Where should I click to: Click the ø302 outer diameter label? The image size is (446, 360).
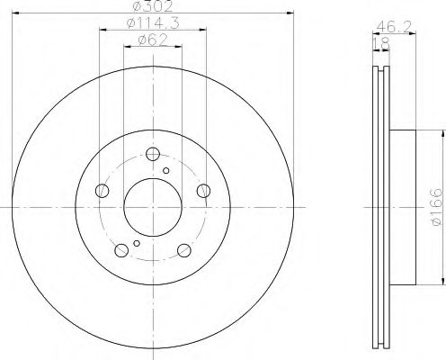point(153,6)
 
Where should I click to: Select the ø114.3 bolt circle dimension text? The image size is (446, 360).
point(153,22)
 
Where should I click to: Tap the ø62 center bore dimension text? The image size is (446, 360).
point(153,40)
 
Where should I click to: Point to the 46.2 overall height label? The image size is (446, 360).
point(393,27)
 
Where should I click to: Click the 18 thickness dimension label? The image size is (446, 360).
point(381,43)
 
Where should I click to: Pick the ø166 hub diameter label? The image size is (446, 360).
point(436,207)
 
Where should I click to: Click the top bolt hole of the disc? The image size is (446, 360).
point(153,154)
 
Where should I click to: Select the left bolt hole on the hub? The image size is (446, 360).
point(102,191)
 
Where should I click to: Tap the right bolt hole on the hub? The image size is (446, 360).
point(203,191)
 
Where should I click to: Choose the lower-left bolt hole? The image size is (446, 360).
point(121,250)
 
